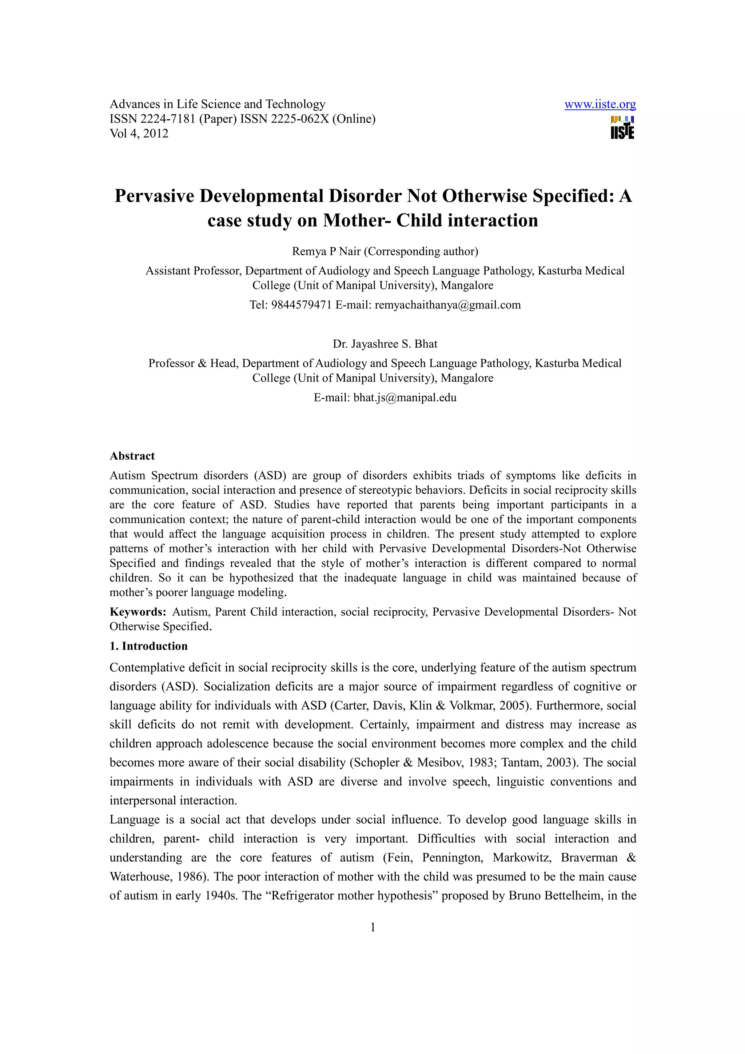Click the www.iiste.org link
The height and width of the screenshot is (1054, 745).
pyautogui.click(x=599, y=105)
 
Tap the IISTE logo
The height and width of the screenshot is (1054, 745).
pyautogui.click(x=622, y=128)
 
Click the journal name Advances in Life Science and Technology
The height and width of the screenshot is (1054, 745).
pyautogui.click(x=217, y=104)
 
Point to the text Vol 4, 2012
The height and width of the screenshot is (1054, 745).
pyautogui.click(x=139, y=133)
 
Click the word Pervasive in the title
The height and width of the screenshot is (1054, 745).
pyautogui.click(x=154, y=196)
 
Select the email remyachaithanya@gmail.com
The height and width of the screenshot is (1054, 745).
pyautogui.click(x=447, y=305)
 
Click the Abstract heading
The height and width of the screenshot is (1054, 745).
pyautogui.click(x=132, y=456)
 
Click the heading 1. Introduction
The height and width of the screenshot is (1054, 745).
pyautogui.click(x=148, y=646)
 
